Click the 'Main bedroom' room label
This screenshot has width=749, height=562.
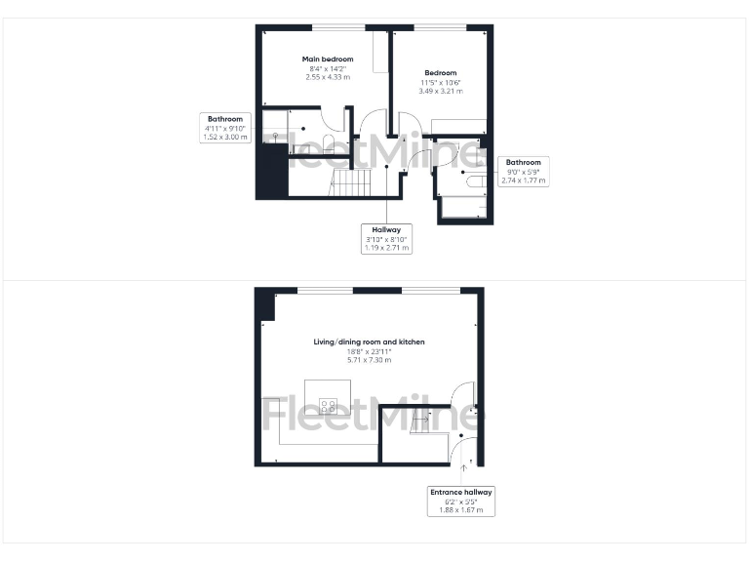tap(326, 60)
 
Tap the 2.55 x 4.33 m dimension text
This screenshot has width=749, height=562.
tap(326, 77)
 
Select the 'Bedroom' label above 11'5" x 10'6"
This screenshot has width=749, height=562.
tap(440, 72)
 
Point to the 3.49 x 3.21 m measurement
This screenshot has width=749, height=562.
tap(440, 91)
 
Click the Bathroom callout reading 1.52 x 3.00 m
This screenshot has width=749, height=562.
tap(226, 138)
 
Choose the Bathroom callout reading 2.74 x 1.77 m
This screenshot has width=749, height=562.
tap(524, 181)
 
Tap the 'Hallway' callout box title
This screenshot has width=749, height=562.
tap(388, 230)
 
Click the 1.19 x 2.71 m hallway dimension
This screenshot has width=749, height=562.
tap(388, 248)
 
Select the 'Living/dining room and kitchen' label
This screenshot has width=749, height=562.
tap(369, 342)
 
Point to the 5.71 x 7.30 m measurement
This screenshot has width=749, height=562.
tap(369, 360)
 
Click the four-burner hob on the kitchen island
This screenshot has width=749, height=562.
tap(329, 405)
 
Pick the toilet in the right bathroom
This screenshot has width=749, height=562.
tap(476, 181)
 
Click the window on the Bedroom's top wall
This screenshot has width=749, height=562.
tap(439, 26)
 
